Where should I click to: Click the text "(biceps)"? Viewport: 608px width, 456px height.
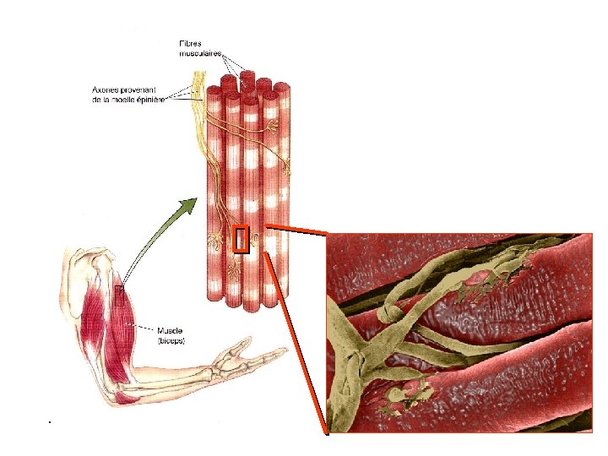171,339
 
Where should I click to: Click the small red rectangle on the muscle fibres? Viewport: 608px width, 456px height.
241,240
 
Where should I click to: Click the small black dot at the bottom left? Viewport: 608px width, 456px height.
50,421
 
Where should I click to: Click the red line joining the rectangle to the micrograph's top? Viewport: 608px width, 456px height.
296,229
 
